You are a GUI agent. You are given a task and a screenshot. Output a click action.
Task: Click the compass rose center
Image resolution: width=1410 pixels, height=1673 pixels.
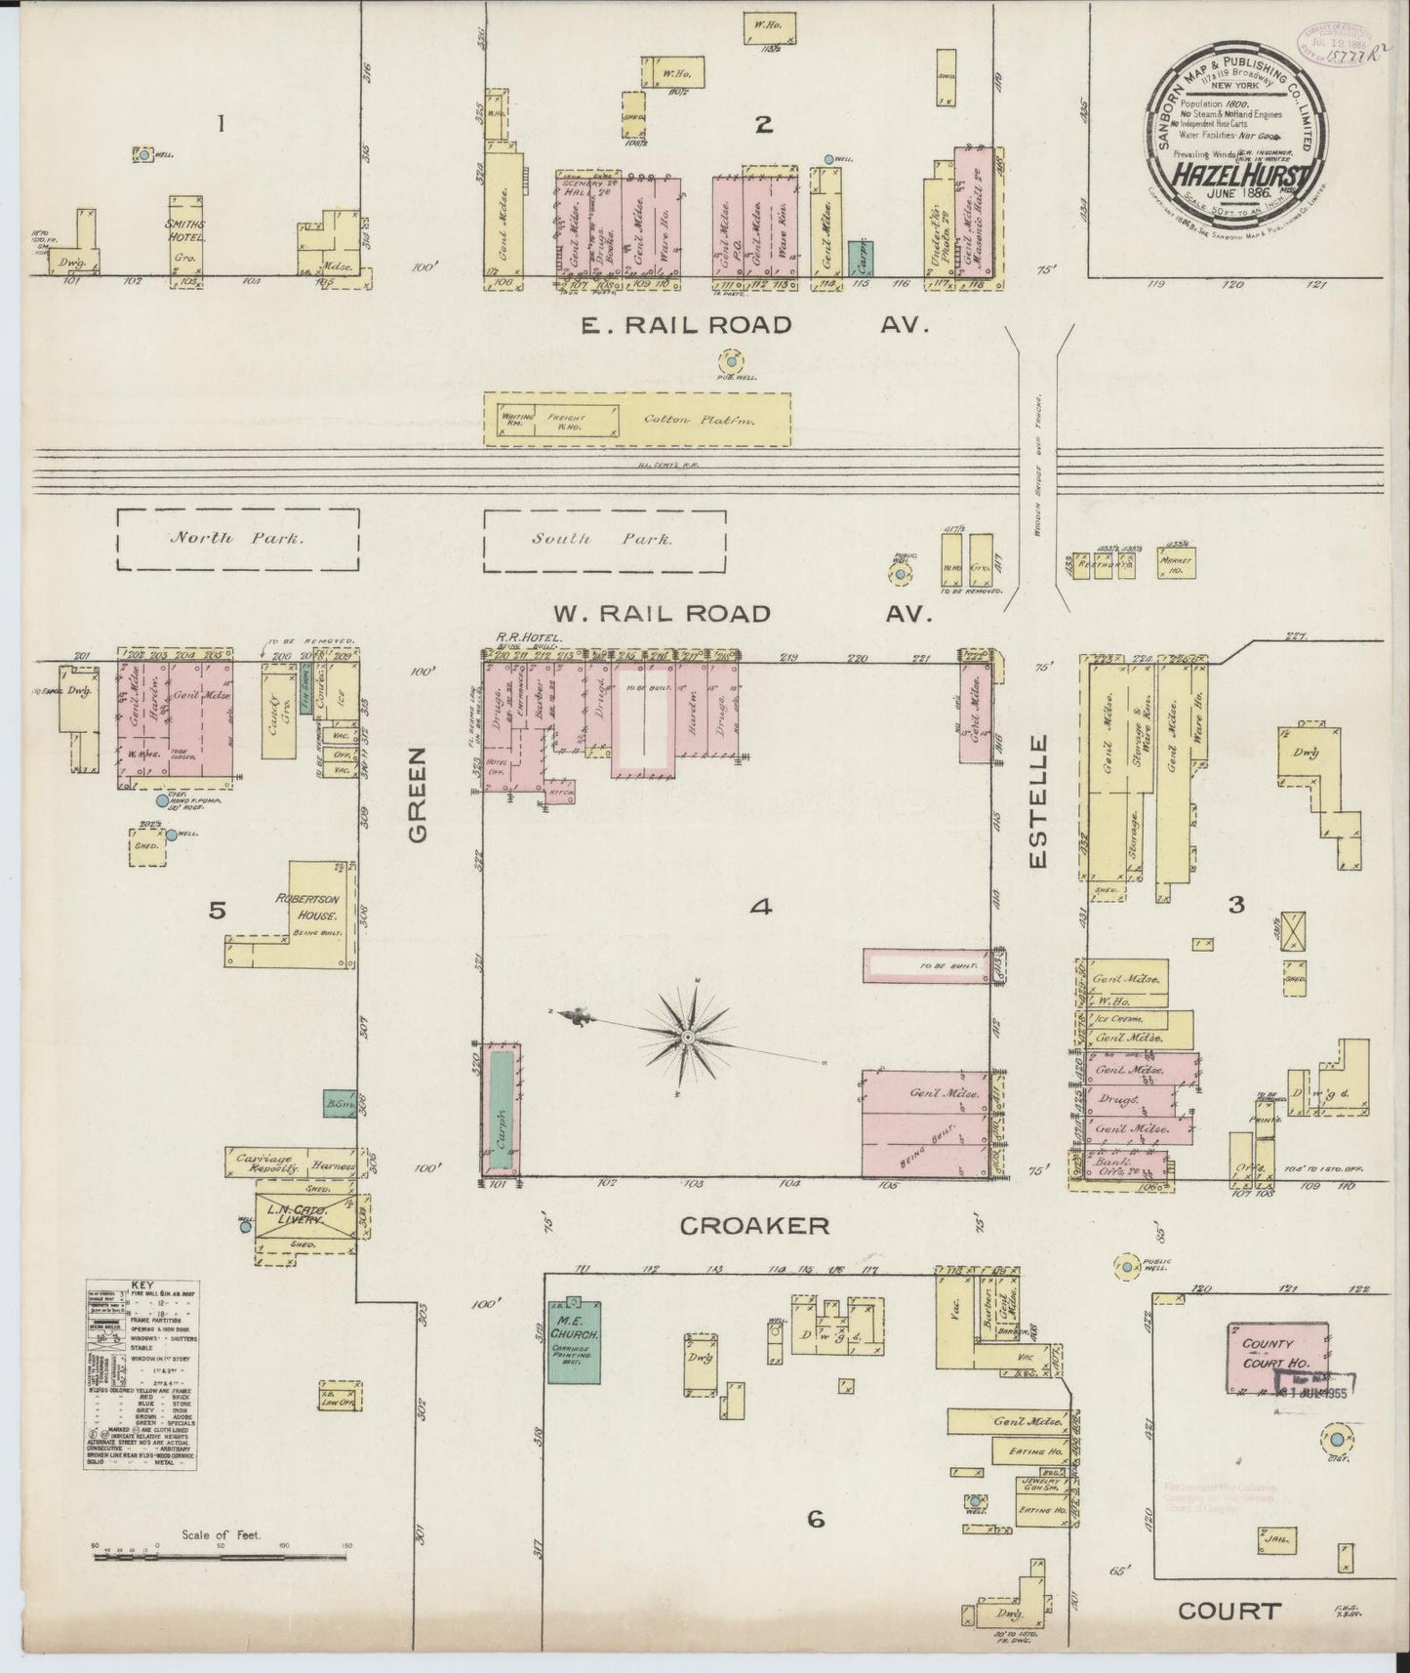coord(689,1035)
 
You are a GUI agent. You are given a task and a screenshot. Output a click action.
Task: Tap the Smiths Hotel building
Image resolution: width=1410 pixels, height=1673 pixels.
coord(183,236)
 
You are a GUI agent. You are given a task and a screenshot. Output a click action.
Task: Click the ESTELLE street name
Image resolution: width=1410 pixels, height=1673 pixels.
coord(1038,801)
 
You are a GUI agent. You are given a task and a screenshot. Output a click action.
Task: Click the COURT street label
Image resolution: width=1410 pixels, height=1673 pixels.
coord(1229,1611)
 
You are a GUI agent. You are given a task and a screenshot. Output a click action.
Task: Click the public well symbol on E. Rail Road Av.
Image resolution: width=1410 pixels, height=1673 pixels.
coord(730,361)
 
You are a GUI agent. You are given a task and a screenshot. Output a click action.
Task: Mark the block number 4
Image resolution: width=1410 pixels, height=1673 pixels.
coord(761,907)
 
